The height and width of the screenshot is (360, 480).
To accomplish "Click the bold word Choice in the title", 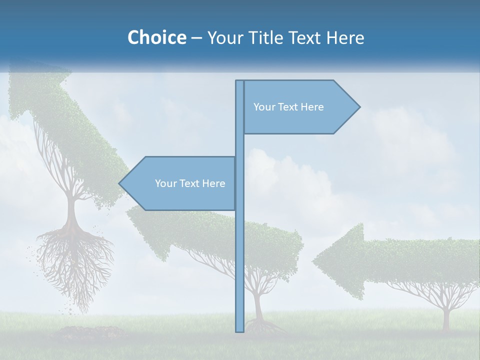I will (156, 37).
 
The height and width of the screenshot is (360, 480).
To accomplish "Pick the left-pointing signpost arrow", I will (180, 183).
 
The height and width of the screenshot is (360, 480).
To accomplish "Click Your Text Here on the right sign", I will (288, 107).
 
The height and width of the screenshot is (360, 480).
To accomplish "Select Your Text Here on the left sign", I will (190, 183).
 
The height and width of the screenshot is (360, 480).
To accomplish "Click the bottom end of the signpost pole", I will (239, 329).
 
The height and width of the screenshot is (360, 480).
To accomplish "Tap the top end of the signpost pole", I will (239, 82).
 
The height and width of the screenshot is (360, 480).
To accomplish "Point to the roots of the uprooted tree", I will (75, 260).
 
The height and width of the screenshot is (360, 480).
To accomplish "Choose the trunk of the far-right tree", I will (446, 317).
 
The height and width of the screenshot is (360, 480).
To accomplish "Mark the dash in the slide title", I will (196, 38).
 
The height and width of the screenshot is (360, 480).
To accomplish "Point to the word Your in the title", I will (223, 37).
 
